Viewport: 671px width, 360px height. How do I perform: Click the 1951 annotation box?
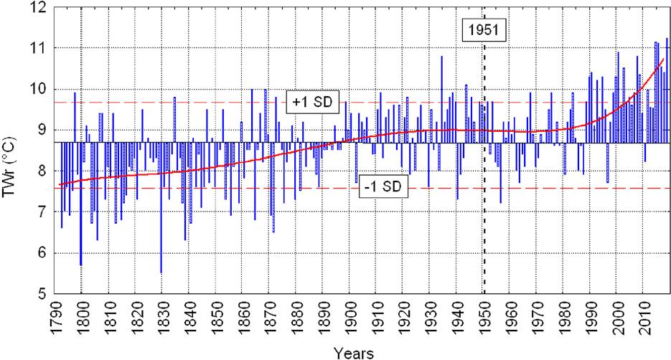point(484,31)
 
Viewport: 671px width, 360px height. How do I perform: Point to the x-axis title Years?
point(353,352)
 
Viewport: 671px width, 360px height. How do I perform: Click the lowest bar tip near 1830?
point(161,273)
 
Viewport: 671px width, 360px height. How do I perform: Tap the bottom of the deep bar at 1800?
point(80,265)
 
